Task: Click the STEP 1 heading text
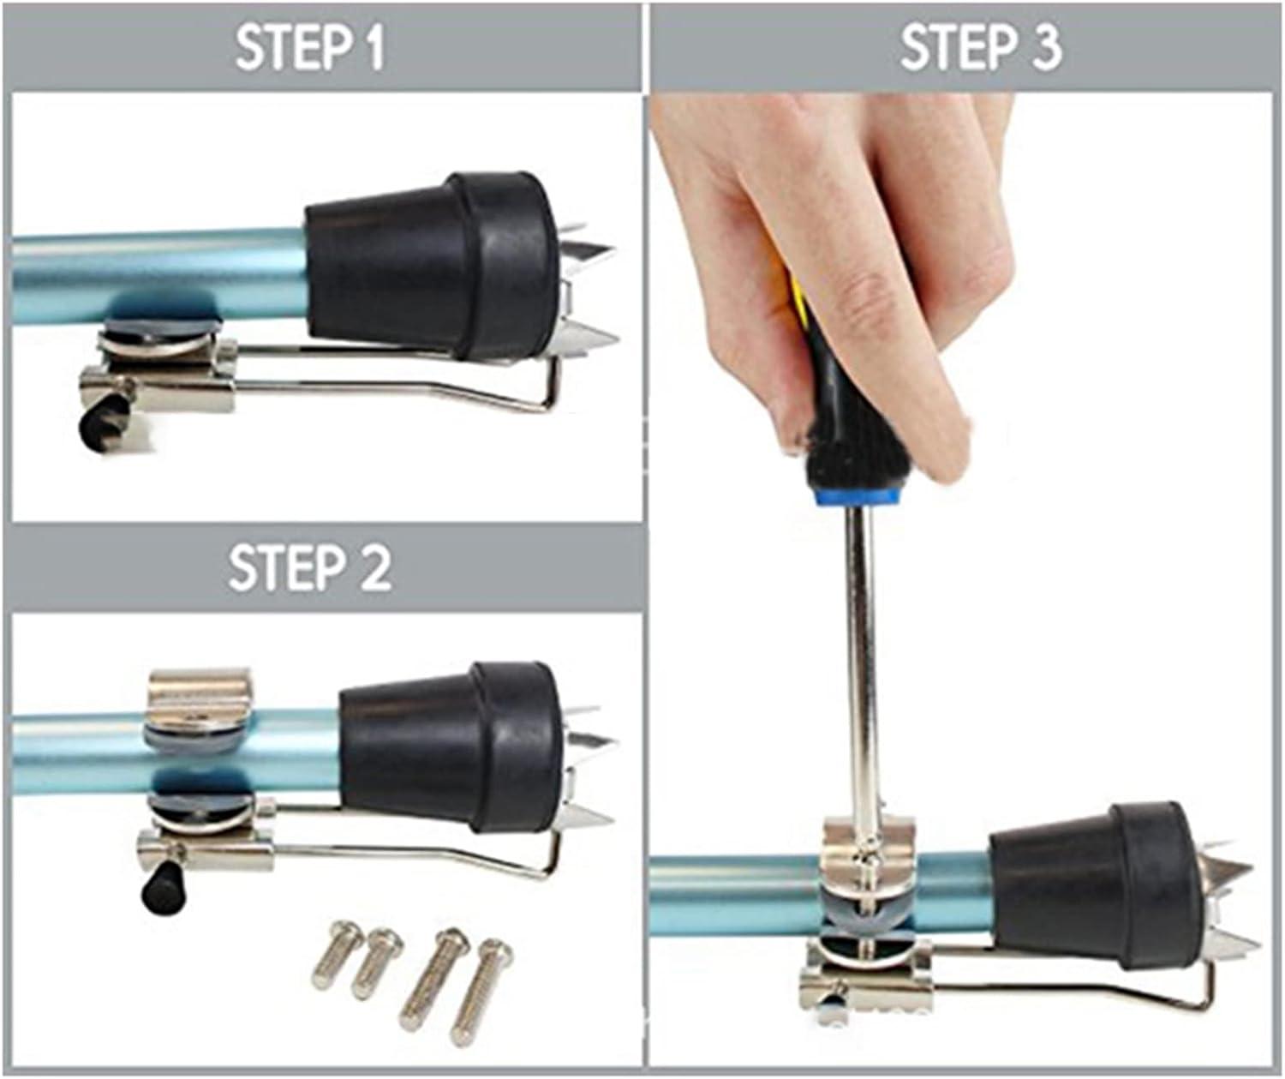pos(310,49)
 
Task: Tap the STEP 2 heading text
pos(310,568)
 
